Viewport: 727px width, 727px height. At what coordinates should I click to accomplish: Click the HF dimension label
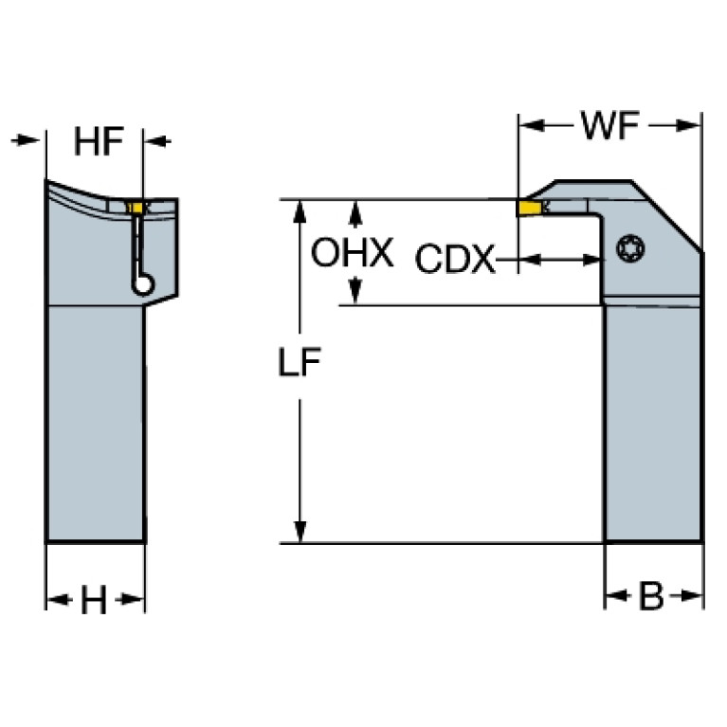[99, 141]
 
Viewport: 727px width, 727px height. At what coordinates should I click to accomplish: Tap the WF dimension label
[609, 125]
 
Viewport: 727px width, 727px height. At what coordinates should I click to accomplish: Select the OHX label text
[352, 252]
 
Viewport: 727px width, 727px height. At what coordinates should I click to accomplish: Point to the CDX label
[455, 258]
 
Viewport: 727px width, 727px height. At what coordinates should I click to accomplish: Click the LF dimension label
[300, 362]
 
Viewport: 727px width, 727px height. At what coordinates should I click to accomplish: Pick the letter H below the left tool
[94, 600]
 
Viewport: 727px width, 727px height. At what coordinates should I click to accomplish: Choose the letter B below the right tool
[651, 596]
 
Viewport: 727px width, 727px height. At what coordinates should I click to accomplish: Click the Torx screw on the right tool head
[630, 248]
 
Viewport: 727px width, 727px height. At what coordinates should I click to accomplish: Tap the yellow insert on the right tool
[530, 209]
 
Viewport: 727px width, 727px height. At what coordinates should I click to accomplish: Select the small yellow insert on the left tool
[136, 208]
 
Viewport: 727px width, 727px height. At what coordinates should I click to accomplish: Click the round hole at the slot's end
[142, 283]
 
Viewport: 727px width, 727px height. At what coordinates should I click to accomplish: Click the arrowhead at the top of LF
[300, 211]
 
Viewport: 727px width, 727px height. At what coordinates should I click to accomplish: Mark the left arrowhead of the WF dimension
[532, 125]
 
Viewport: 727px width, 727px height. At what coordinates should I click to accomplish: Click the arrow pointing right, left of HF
[25, 139]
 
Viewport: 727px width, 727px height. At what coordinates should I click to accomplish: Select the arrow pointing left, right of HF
[157, 141]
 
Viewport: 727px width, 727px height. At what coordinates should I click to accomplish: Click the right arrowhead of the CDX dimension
[592, 260]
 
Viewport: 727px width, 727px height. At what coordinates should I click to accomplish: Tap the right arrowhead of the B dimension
[692, 596]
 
